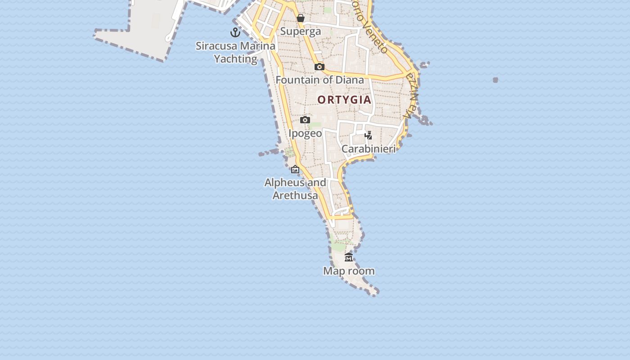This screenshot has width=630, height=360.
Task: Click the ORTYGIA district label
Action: (x=344, y=100)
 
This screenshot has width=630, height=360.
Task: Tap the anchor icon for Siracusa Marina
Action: (x=235, y=32)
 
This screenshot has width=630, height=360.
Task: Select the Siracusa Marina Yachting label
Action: (x=235, y=52)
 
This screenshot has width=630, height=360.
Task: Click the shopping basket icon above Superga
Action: (x=301, y=18)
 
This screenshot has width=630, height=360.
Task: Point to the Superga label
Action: (x=301, y=31)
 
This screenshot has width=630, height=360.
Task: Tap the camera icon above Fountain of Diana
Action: (x=319, y=67)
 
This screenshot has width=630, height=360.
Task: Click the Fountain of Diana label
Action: (x=319, y=80)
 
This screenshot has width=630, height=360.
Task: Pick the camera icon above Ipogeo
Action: (x=305, y=120)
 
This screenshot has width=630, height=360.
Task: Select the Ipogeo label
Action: (x=305, y=133)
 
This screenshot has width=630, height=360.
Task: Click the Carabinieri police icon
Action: (x=369, y=135)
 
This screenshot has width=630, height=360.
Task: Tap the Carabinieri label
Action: (x=369, y=149)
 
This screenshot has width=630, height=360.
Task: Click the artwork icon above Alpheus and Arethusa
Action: (x=295, y=169)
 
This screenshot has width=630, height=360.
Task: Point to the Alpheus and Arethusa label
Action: (x=295, y=189)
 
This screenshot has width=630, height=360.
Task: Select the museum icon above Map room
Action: (x=349, y=257)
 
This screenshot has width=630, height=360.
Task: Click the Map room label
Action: (x=349, y=271)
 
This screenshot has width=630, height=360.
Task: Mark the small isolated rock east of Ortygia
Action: (x=495, y=80)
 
